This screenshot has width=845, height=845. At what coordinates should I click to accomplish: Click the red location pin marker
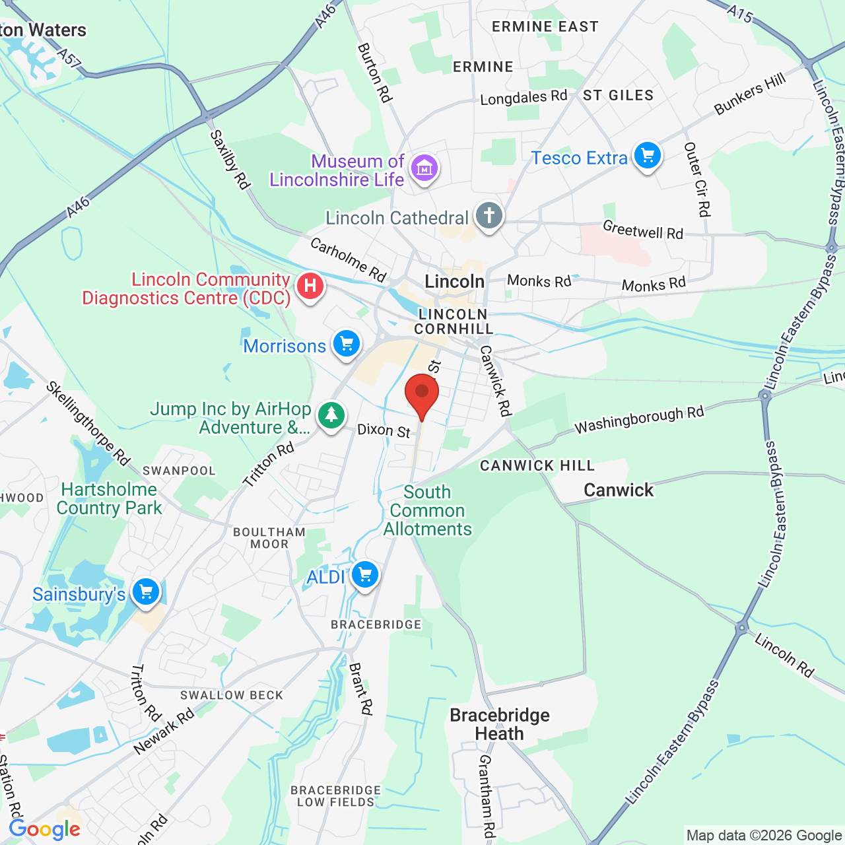click(x=422, y=393)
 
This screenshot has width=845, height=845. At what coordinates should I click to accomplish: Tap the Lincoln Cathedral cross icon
click(x=489, y=216)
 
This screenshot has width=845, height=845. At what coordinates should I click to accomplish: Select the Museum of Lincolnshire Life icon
click(x=424, y=168)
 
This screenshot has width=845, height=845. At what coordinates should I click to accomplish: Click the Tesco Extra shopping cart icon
click(x=648, y=156)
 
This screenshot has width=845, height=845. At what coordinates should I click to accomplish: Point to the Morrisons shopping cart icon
click(x=347, y=344)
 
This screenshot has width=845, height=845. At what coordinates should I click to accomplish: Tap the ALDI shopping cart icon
click(x=365, y=575)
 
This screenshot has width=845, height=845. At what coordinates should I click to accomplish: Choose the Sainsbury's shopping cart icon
click(x=146, y=591)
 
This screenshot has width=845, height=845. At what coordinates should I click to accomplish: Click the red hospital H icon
click(x=310, y=287)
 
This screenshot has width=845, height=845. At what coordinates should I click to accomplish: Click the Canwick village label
click(x=619, y=490)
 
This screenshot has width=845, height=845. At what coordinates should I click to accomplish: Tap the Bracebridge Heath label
click(x=500, y=724)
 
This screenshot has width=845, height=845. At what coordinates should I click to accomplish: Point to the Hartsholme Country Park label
click(x=109, y=498)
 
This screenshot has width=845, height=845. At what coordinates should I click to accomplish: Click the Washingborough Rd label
click(x=639, y=419)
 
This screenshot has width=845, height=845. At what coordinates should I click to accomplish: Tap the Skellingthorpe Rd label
click(x=88, y=423)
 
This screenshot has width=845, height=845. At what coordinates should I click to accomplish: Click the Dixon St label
click(x=384, y=430)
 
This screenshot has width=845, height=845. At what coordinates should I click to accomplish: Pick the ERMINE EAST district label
click(x=545, y=27)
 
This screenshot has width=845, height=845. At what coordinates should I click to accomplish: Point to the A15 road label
click(x=740, y=13)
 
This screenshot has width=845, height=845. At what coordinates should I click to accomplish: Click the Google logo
click(x=45, y=829)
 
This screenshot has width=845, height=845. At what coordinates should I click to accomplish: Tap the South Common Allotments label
click(x=428, y=510)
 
